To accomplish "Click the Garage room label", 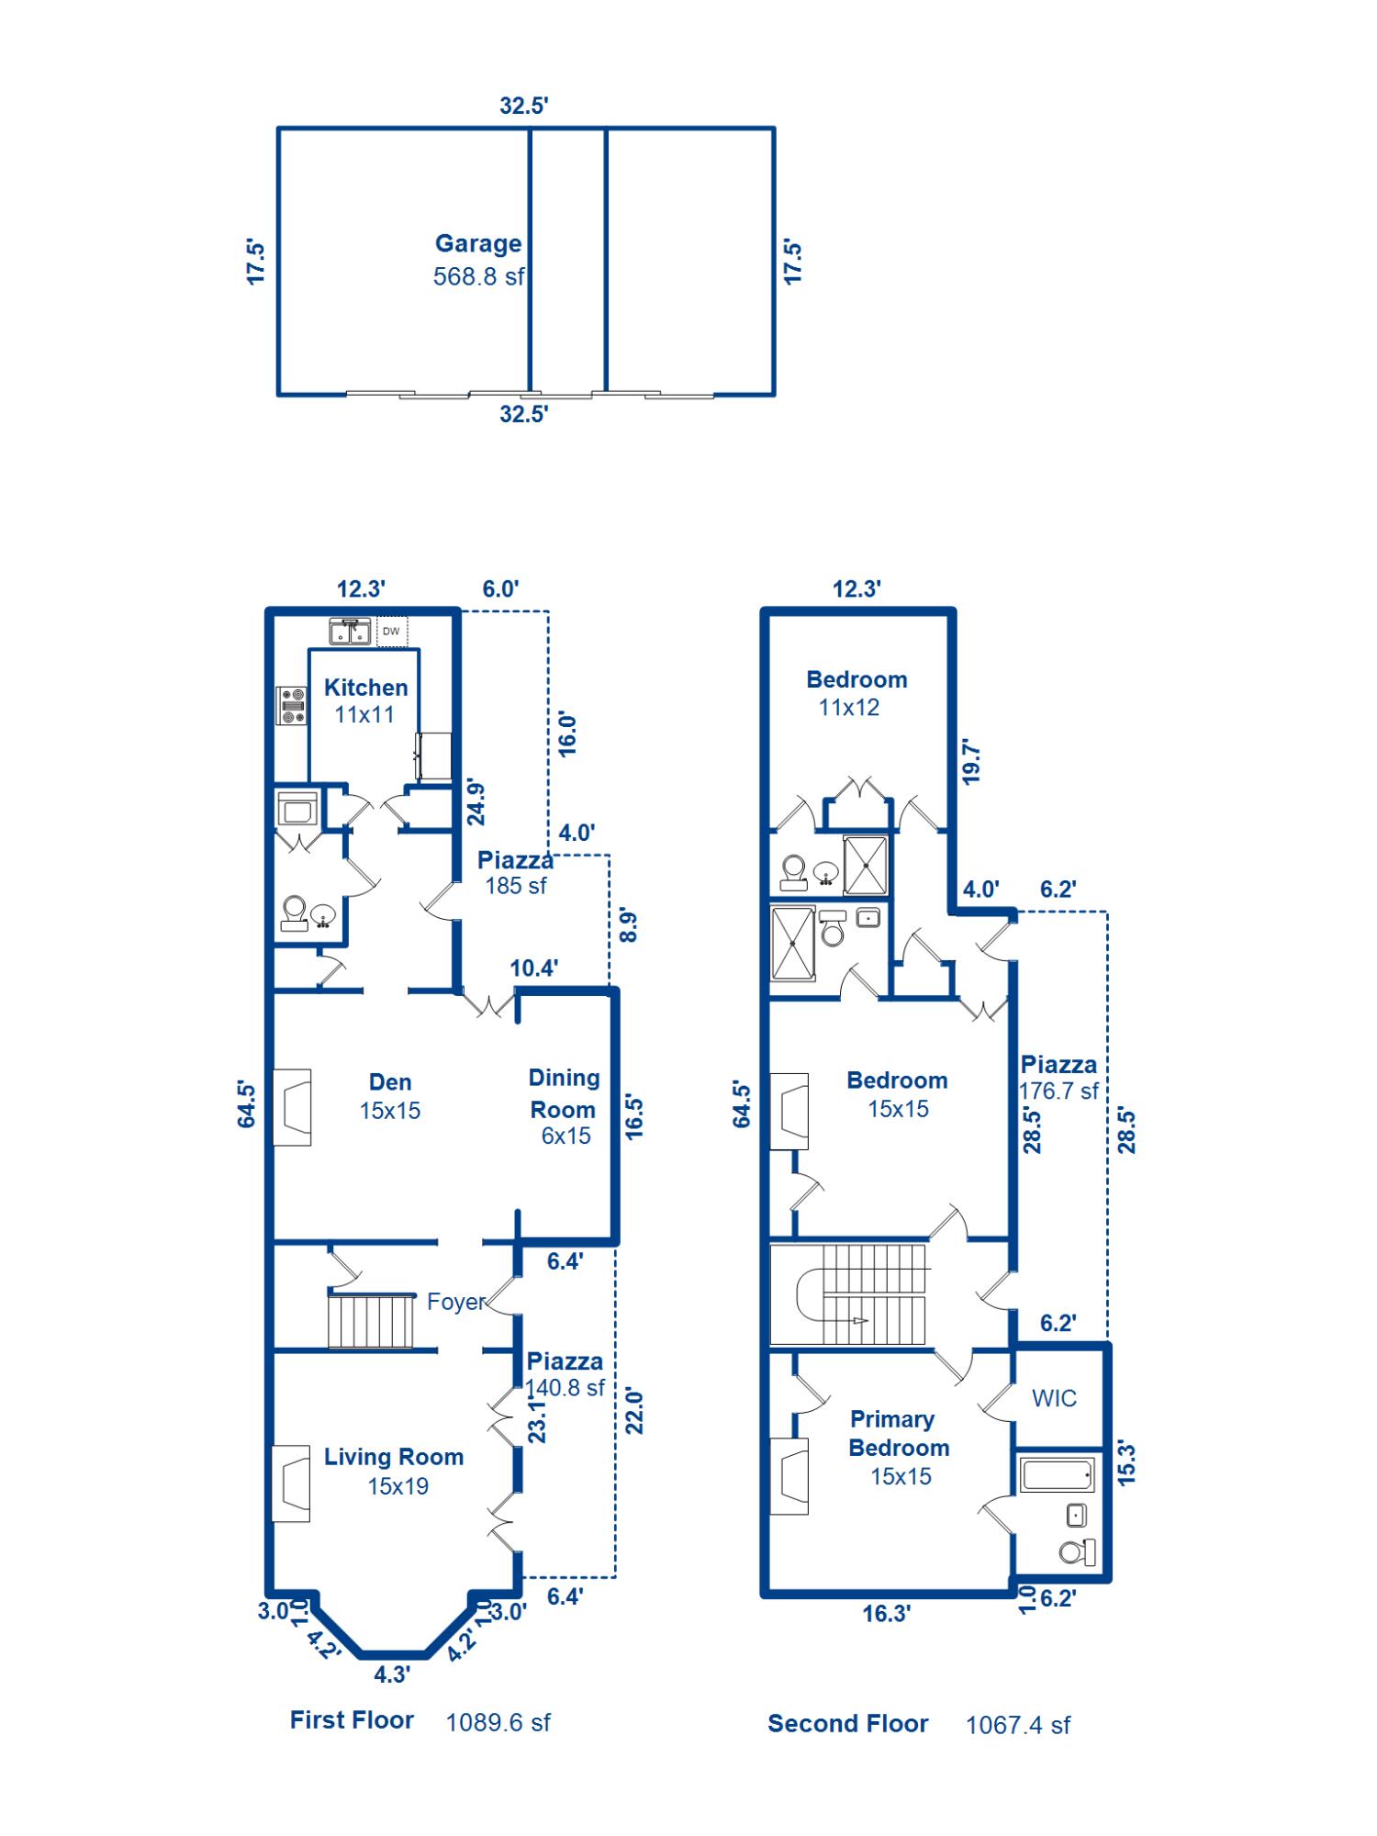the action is pos(478,243).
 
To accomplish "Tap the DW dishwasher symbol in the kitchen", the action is pos(392,631).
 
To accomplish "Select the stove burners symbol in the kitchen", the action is pos(292,706).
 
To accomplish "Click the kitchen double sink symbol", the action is pos(350,632).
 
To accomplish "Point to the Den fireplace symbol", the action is pos(292,1107).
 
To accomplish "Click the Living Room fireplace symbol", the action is pos(291,1483).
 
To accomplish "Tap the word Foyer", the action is pos(456,1302).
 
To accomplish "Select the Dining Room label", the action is pos(564,1093).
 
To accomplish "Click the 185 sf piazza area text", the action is pos(516,886).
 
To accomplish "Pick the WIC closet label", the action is pos(1054,1398).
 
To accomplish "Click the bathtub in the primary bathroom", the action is pos(1058,1475).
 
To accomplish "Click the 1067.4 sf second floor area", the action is pos(1018,1725).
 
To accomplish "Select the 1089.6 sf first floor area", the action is pos(498,1722).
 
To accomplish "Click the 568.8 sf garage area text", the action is pos(478,276).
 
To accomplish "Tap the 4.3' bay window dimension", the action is pos(391,1674).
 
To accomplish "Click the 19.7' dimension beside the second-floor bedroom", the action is pos(971,761).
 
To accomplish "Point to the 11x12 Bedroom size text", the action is pos(849,707).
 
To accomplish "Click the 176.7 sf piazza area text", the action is pos(1058,1091).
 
